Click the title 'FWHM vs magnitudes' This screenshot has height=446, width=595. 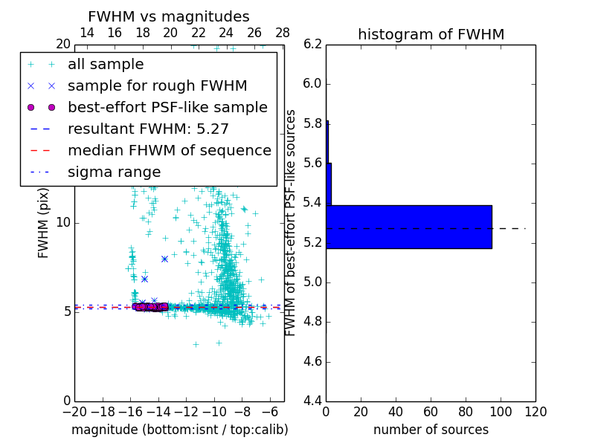tap(168, 16)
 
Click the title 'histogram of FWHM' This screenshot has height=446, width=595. tap(431, 34)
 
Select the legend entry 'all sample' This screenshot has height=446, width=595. tap(106, 65)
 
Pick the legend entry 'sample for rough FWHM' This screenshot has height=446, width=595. tap(157, 85)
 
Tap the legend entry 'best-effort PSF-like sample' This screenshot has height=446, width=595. tap(167, 107)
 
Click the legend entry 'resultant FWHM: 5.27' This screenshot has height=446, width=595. tap(148, 129)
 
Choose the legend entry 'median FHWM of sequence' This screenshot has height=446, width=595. tap(169, 150)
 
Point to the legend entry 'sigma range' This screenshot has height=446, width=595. tap(114, 172)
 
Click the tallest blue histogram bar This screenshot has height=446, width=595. tap(408, 227)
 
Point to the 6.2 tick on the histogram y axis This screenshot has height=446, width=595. tap(313, 44)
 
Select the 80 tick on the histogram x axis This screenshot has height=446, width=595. tap(466, 411)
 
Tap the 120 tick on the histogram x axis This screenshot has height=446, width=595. tap(535, 411)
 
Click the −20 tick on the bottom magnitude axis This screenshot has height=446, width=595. tap(74, 411)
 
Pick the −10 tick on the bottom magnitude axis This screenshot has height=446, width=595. tap(214, 411)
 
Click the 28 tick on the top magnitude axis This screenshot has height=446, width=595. tap(283, 33)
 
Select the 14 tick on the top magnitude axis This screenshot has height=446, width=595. tap(86, 33)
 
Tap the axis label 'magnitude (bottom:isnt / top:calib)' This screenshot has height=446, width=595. tap(179, 430)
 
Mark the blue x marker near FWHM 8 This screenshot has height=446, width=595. tap(164, 259)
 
